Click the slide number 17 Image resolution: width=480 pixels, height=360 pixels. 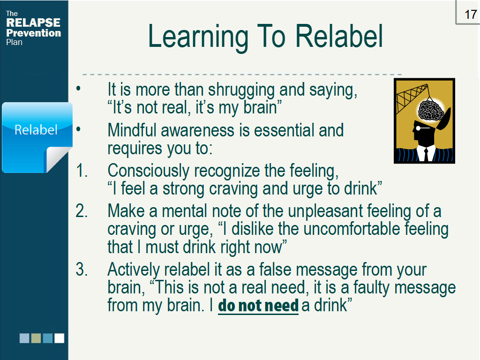pos(470,14)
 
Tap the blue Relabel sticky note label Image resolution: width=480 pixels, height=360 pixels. pos(36,129)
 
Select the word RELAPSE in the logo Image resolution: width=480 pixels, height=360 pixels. pos(33,22)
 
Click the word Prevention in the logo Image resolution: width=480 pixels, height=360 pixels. pos(33,33)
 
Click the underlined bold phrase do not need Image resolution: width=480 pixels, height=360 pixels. pos(258,306)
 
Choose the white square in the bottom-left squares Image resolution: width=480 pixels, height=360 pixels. pos(59,338)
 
